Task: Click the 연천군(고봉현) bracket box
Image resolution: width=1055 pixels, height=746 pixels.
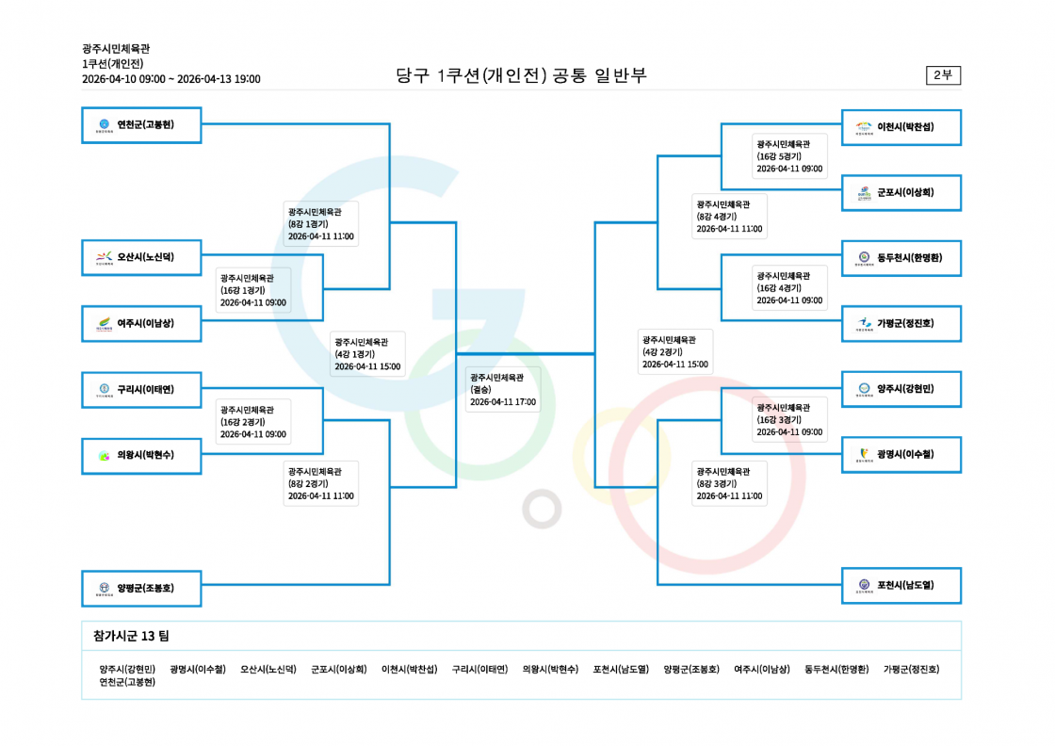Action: click(x=141, y=125)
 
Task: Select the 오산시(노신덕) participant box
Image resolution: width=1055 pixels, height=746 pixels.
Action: click(x=141, y=258)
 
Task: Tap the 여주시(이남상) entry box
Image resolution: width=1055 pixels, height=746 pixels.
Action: click(x=141, y=324)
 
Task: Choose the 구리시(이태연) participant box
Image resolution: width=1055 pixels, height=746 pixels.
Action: click(x=141, y=389)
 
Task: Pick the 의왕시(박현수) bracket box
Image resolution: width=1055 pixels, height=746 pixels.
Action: click(x=141, y=455)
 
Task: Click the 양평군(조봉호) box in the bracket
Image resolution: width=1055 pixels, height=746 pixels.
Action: click(x=141, y=589)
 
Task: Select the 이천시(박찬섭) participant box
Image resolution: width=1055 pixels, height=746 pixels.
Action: click(x=901, y=127)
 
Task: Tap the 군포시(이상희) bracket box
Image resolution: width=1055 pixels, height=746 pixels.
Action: click(x=901, y=192)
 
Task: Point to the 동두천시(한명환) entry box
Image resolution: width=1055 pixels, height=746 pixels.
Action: click(x=901, y=258)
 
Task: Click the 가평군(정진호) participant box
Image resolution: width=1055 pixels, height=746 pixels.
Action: click(x=901, y=324)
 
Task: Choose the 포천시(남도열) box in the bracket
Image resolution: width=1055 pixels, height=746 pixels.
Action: click(x=901, y=585)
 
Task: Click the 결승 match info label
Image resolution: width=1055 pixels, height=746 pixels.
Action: click(x=503, y=389)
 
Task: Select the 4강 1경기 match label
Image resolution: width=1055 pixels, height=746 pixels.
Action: click(x=367, y=354)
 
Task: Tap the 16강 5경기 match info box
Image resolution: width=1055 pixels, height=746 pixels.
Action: click(x=789, y=156)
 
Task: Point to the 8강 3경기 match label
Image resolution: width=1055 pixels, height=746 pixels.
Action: click(x=729, y=483)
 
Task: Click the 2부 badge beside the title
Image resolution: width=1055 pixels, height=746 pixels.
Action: click(x=943, y=74)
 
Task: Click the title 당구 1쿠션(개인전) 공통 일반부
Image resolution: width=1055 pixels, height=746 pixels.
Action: click(x=521, y=74)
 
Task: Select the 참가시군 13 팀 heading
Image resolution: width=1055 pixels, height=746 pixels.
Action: click(x=131, y=636)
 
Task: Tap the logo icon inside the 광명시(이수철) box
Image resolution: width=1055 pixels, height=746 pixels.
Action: click(x=864, y=455)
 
